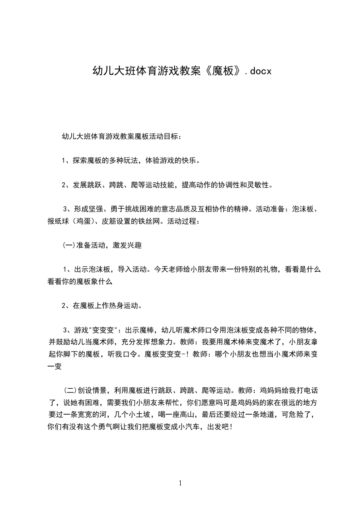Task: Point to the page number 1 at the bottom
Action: [x=180, y=483]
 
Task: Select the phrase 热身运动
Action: [x=124, y=305]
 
